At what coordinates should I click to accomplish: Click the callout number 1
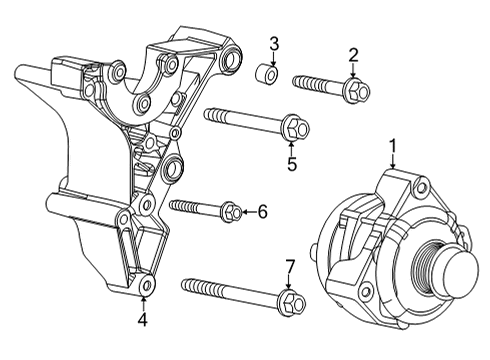point(393,145)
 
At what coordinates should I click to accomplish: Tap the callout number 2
point(353,54)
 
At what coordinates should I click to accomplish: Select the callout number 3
point(274,43)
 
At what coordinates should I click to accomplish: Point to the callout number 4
point(143,321)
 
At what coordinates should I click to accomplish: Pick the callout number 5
point(292,164)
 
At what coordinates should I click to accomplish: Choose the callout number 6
point(263,211)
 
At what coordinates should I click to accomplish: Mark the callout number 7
point(290,266)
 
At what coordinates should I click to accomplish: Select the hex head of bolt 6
point(229,211)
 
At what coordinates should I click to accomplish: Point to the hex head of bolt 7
point(291,301)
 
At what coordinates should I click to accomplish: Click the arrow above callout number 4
point(143,301)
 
